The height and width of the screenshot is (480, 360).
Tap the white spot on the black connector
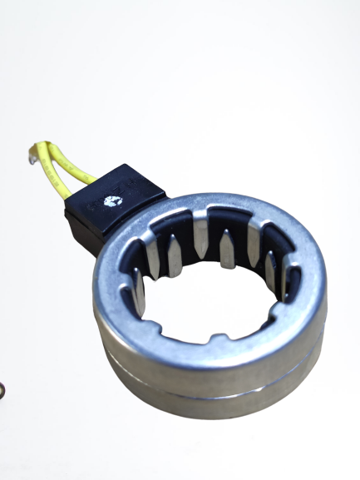coord(112,200)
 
